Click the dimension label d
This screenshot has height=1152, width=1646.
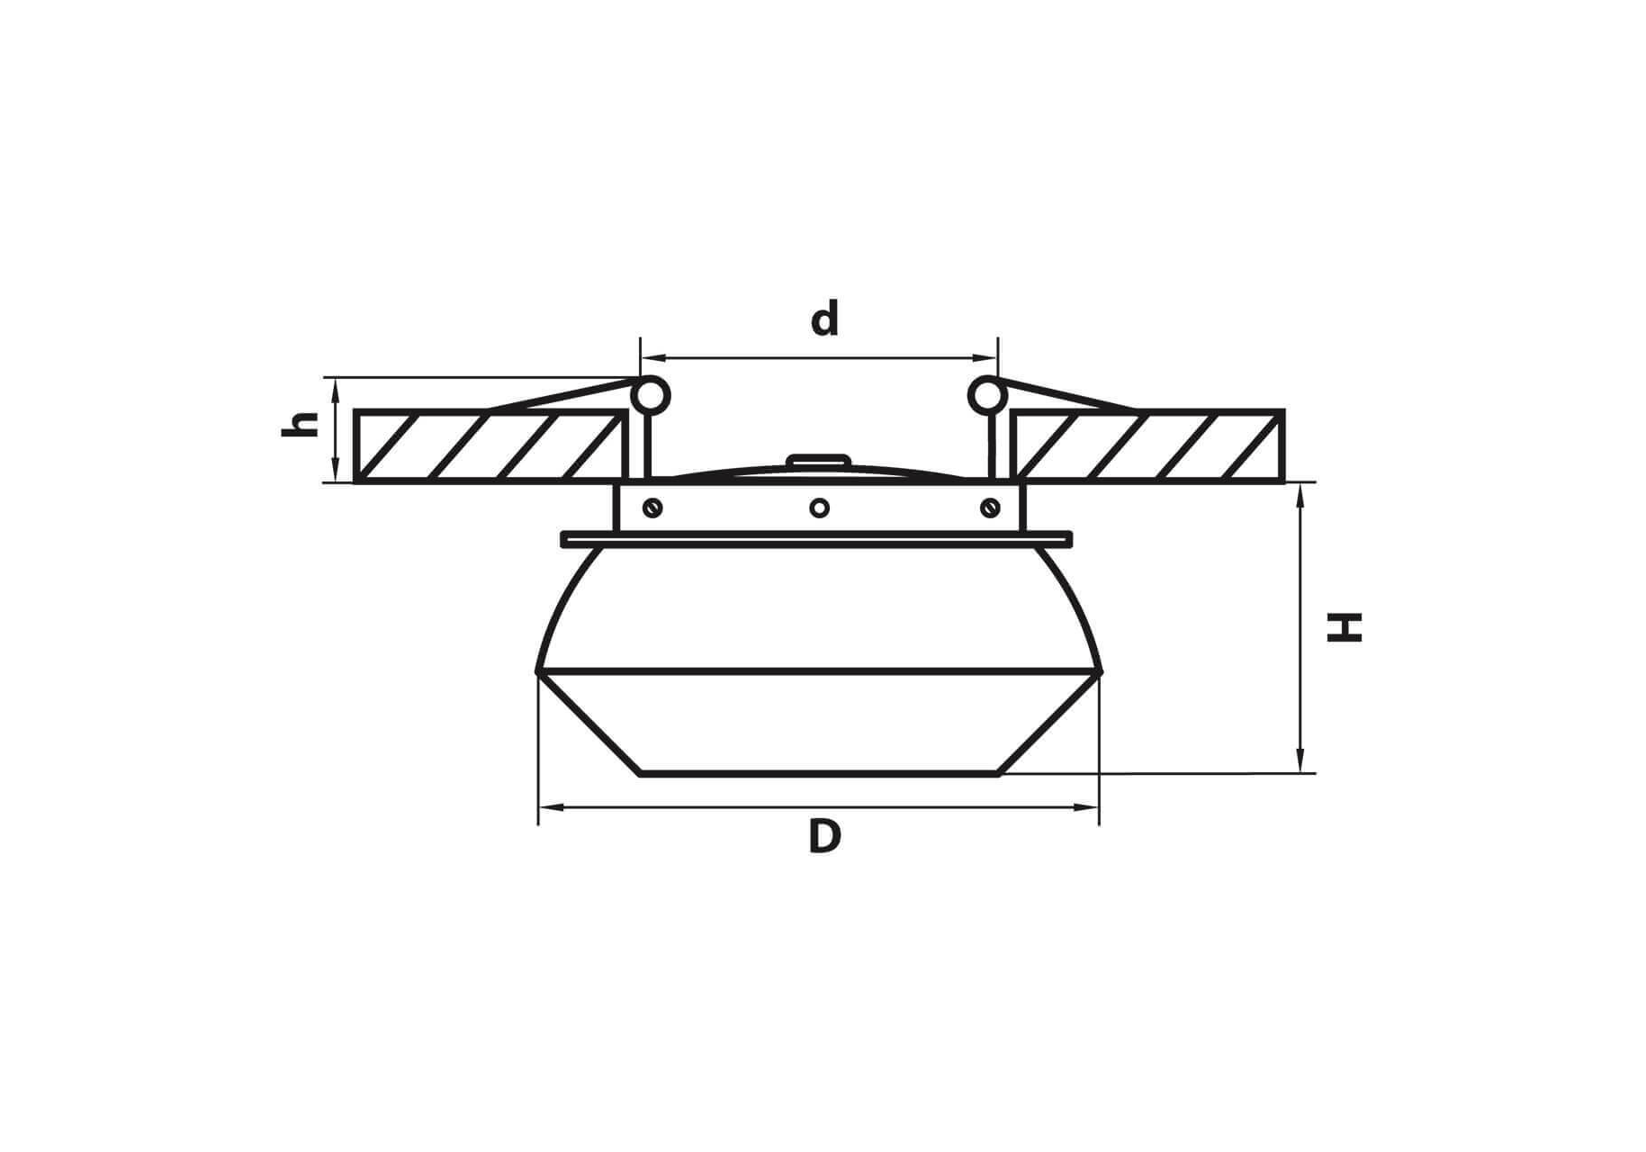click(x=824, y=319)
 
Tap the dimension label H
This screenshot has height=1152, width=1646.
click(x=1345, y=627)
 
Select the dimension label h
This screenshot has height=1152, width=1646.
click(x=301, y=423)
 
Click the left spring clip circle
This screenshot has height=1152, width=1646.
click(x=651, y=396)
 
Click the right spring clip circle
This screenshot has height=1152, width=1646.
click(x=986, y=396)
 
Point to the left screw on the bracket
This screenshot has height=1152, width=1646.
click(x=653, y=508)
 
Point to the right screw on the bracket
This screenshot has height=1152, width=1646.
click(x=990, y=508)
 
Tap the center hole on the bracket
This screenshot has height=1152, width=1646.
click(x=819, y=508)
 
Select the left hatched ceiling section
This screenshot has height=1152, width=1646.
click(x=490, y=446)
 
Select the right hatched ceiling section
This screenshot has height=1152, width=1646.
click(x=1147, y=446)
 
